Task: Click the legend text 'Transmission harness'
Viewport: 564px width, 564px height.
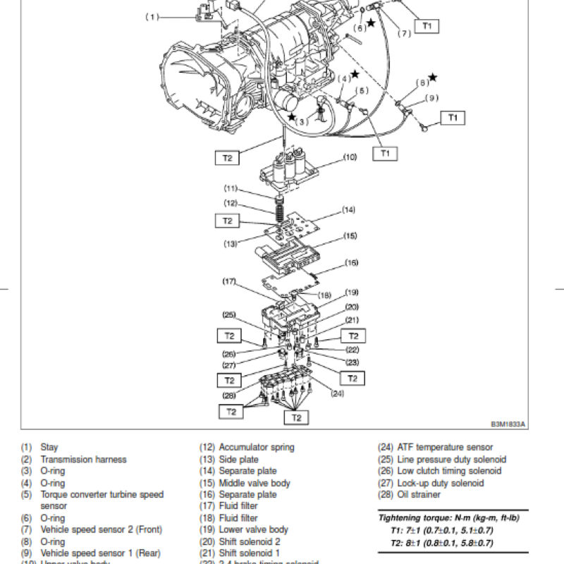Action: click(x=83, y=459)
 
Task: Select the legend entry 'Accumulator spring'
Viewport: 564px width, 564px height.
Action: click(x=257, y=447)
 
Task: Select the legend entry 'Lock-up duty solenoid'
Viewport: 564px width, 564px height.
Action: click(x=440, y=483)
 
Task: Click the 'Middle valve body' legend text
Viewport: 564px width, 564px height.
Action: click(x=254, y=483)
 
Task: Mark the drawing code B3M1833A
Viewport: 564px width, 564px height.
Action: click(x=509, y=425)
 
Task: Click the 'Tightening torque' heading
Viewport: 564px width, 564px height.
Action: click(x=448, y=518)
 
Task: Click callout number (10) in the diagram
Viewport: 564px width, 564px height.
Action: click(x=350, y=158)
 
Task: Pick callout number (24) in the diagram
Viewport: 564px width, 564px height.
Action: click(x=336, y=393)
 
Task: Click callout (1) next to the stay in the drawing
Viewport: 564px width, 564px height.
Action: click(x=153, y=17)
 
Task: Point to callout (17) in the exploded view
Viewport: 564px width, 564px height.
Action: click(x=229, y=281)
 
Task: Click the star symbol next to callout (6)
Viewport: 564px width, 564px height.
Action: click(x=370, y=23)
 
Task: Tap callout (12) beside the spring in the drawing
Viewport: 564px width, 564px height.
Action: click(x=231, y=203)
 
